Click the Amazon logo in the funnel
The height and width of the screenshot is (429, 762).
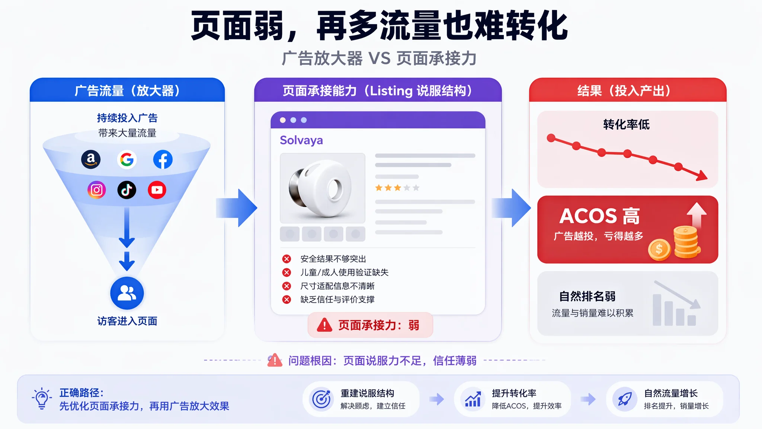(x=91, y=159)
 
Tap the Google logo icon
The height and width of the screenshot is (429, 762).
(x=127, y=160)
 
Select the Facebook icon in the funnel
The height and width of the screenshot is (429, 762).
(x=163, y=160)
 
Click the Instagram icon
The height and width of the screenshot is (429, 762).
(x=97, y=190)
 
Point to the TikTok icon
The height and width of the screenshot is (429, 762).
(x=127, y=190)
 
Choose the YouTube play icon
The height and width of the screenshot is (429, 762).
(x=157, y=190)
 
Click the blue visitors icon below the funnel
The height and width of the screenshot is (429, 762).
(x=127, y=293)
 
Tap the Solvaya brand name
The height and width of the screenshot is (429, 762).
(x=301, y=140)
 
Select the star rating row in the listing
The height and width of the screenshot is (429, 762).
(x=397, y=188)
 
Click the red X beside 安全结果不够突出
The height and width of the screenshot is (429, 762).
(x=286, y=259)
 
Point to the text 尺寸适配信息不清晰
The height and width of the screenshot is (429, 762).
(x=337, y=286)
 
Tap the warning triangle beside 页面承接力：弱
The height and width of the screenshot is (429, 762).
(x=324, y=325)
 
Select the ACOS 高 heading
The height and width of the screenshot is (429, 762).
(x=599, y=216)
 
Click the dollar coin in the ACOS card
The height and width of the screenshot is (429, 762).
(x=659, y=249)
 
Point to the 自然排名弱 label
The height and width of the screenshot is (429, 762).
(x=587, y=296)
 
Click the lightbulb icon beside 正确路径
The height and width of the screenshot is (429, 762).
(x=42, y=399)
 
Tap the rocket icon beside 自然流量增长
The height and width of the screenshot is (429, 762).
(x=625, y=399)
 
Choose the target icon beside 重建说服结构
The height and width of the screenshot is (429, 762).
(x=321, y=399)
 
